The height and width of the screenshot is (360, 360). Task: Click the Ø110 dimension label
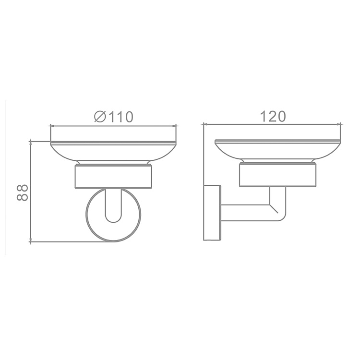(x=114, y=117)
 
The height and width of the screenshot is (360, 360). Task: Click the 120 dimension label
(x=273, y=116)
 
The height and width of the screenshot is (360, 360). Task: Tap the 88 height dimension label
(x=23, y=192)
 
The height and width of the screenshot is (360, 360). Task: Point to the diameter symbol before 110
(x=100, y=117)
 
